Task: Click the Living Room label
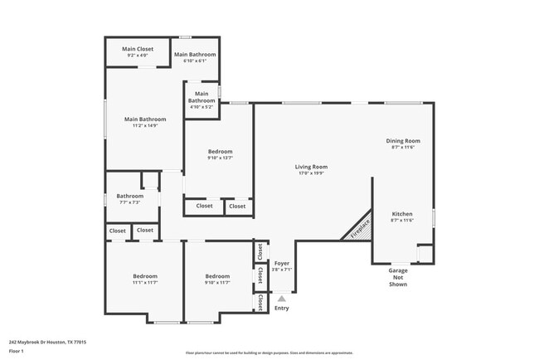311,167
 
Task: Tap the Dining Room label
403,141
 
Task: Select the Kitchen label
401,214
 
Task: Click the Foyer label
282,263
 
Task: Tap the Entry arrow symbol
282,299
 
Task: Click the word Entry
282,309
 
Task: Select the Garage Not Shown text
398,277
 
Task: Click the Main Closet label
138,49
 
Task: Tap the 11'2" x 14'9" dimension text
145,125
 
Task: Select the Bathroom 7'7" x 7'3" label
129,199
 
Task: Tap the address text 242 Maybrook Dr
47,342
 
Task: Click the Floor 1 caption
17,351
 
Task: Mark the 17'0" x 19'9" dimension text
311,173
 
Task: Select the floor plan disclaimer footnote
269,352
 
